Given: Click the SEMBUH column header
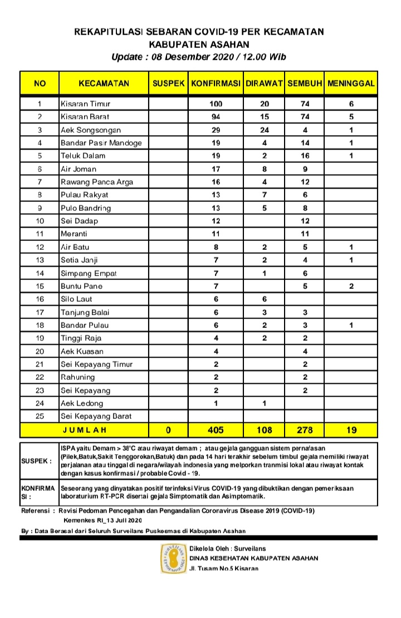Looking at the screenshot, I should [x=305, y=83].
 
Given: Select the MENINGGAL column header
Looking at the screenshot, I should [x=351, y=83].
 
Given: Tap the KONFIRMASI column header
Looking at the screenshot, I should [x=216, y=83].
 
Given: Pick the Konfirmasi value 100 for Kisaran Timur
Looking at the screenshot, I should [x=216, y=104].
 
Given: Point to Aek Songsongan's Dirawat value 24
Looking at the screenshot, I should [x=265, y=130].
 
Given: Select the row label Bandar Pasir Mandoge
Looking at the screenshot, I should [x=101, y=143].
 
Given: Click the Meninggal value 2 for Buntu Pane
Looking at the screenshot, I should [x=351, y=286].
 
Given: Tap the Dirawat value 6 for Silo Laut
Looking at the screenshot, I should [x=265, y=299].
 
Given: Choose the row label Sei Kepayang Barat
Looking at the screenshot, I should [x=96, y=416].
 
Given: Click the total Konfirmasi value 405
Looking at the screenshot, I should [x=216, y=430].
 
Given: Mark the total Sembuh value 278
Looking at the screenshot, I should [x=305, y=430].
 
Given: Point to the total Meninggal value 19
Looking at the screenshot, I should [x=351, y=430].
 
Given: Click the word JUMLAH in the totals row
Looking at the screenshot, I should [x=84, y=430].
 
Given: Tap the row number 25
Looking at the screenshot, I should [x=40, y=416].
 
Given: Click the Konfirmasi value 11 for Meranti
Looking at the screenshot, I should [x=216, y=234].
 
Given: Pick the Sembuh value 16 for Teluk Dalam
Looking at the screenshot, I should [x=305, y=156].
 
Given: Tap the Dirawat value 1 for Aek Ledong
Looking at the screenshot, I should [x=265, y=403].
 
